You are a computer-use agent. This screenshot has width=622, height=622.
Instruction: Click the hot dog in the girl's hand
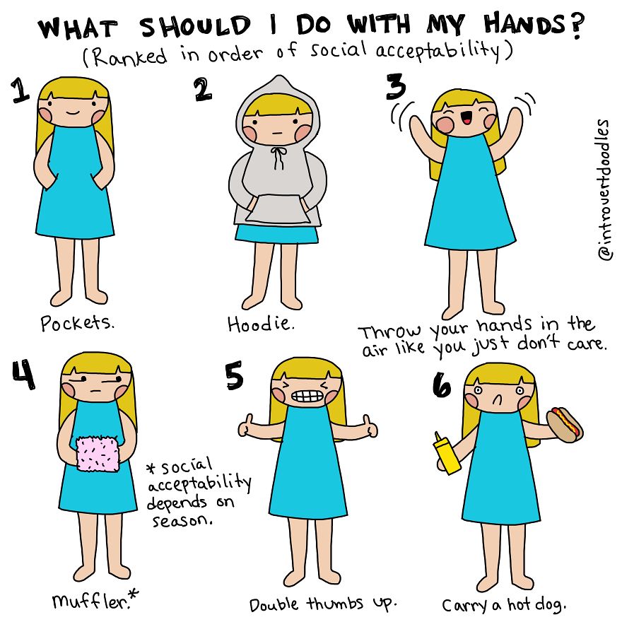pyautogui.click(x=565, y=425)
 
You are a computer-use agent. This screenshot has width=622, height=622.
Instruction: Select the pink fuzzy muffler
pyautogui.click(x=98, y=454)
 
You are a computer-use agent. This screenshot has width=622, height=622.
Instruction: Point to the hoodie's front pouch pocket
pyautogui.click(x=277, y=209)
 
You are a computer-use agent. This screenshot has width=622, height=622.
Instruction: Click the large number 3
pyautogui.click(x=396, y=86)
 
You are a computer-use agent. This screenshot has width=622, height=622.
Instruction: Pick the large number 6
pyautogui.click(x=442, y=385)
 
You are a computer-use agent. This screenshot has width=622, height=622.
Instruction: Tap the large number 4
pyautogui.click(x=23, y=375)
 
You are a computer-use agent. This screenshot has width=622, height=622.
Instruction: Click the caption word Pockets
pyautogui.click(x=77, y=322)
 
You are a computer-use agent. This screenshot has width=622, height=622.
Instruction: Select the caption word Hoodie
pyautogui.click(x=261, y=324)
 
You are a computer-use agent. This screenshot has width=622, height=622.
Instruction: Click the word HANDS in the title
pyautogui.click(x=524, y=25)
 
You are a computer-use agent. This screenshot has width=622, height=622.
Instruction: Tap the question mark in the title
pyautogui.click(x=577, y=26)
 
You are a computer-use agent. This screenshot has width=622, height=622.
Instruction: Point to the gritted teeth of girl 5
pyautogui.click(x=306, y=397)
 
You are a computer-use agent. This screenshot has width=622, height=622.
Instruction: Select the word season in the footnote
pyautogui.click(x=183, y=520)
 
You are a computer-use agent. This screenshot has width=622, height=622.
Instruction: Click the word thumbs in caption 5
pyautogui.click(x=335, y=604)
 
